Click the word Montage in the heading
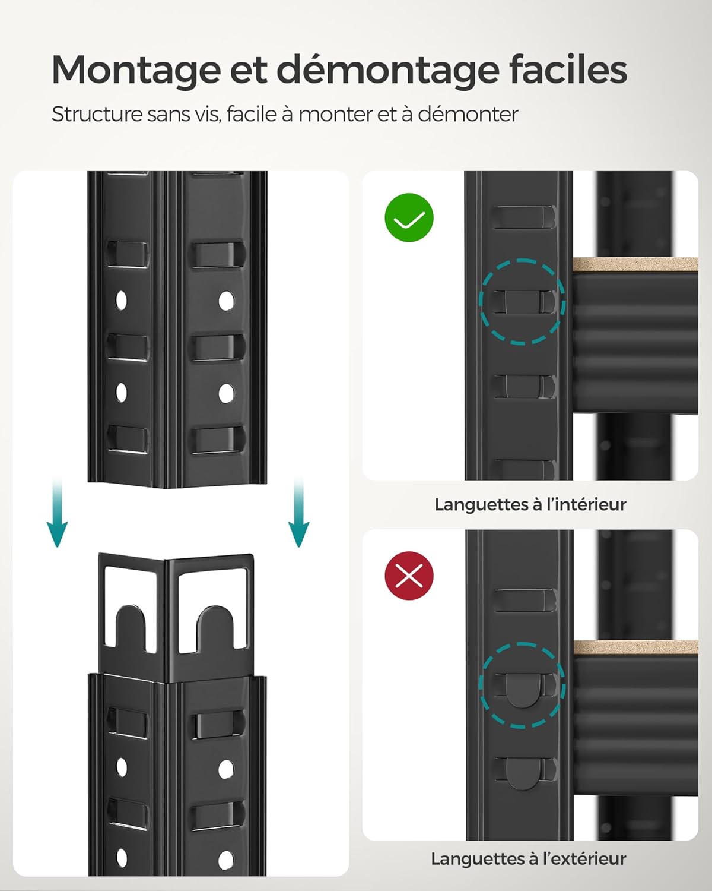pos(136,70)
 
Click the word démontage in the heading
pos(388,70)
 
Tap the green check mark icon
pos(409,218)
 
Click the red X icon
pos(409,576)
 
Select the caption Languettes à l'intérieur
pos(530,504)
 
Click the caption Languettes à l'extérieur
pos(528,858)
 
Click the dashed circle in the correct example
pos(522,301)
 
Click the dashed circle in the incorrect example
pos(522,685)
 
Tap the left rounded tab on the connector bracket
pos(131,627)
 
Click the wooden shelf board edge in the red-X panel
pos(635,647)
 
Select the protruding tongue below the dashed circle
pos(523,773)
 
